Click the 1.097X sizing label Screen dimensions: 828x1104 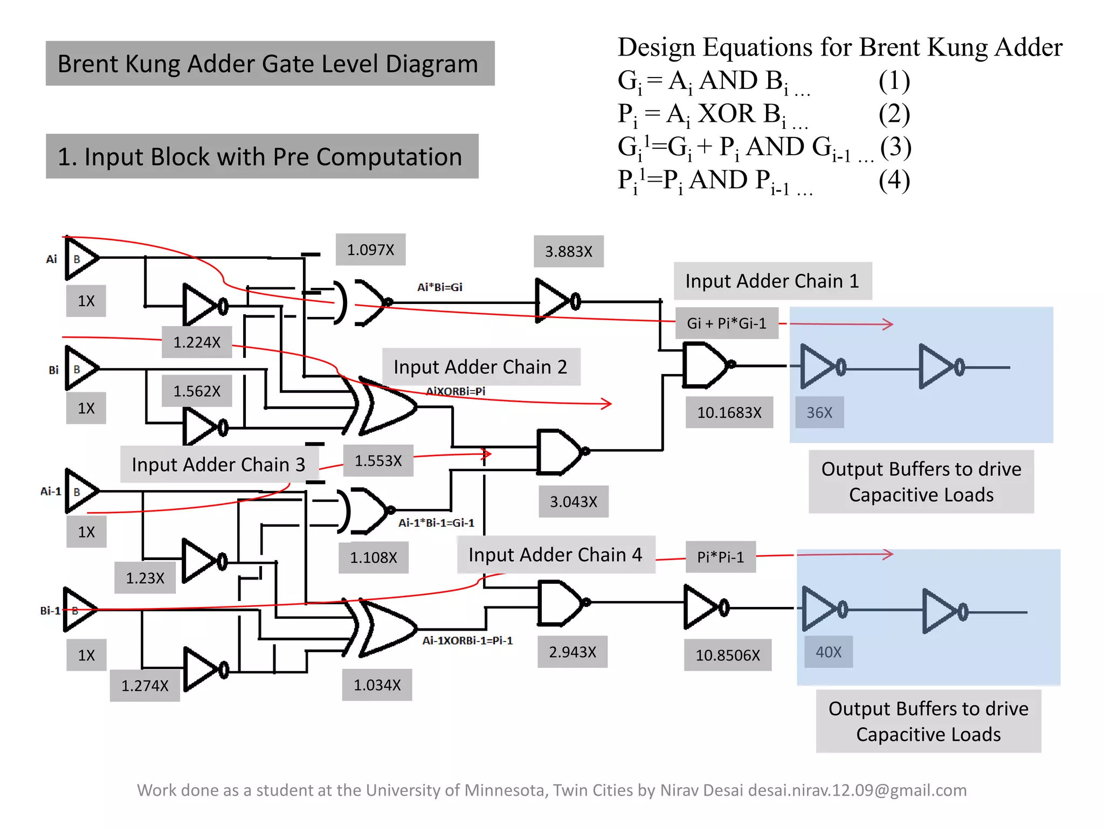click(x=370, y=250)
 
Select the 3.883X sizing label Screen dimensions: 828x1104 click(x=568, y=251)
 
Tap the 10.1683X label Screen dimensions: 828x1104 click(x=729, y=412)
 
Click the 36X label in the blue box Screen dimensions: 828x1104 click(x=819, y=412)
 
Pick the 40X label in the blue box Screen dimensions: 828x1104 click(x=828, y=652)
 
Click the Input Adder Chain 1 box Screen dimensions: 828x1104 click(x=772, y=281)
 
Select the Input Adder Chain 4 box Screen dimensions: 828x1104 click(x=555, y=555)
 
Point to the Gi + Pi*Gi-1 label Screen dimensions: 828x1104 click(x=726, y=323)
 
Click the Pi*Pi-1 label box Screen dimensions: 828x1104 click(x=720, y=557)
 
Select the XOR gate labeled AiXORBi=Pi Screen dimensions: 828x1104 click(x=385, y=406)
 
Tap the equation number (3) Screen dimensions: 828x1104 click(x=895, y=147)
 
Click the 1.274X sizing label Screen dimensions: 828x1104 click(x=144, y=686)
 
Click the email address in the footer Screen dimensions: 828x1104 click(x=857, y=790)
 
